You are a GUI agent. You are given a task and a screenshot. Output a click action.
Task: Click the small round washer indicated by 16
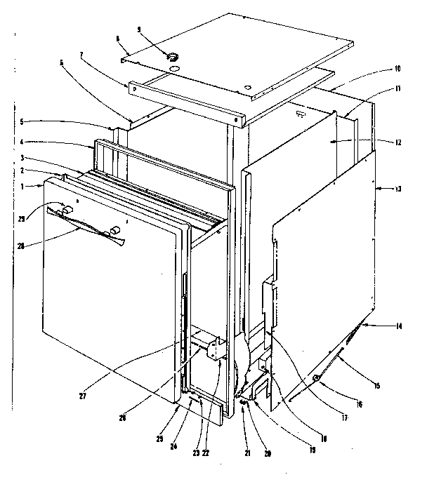[317, 380]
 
